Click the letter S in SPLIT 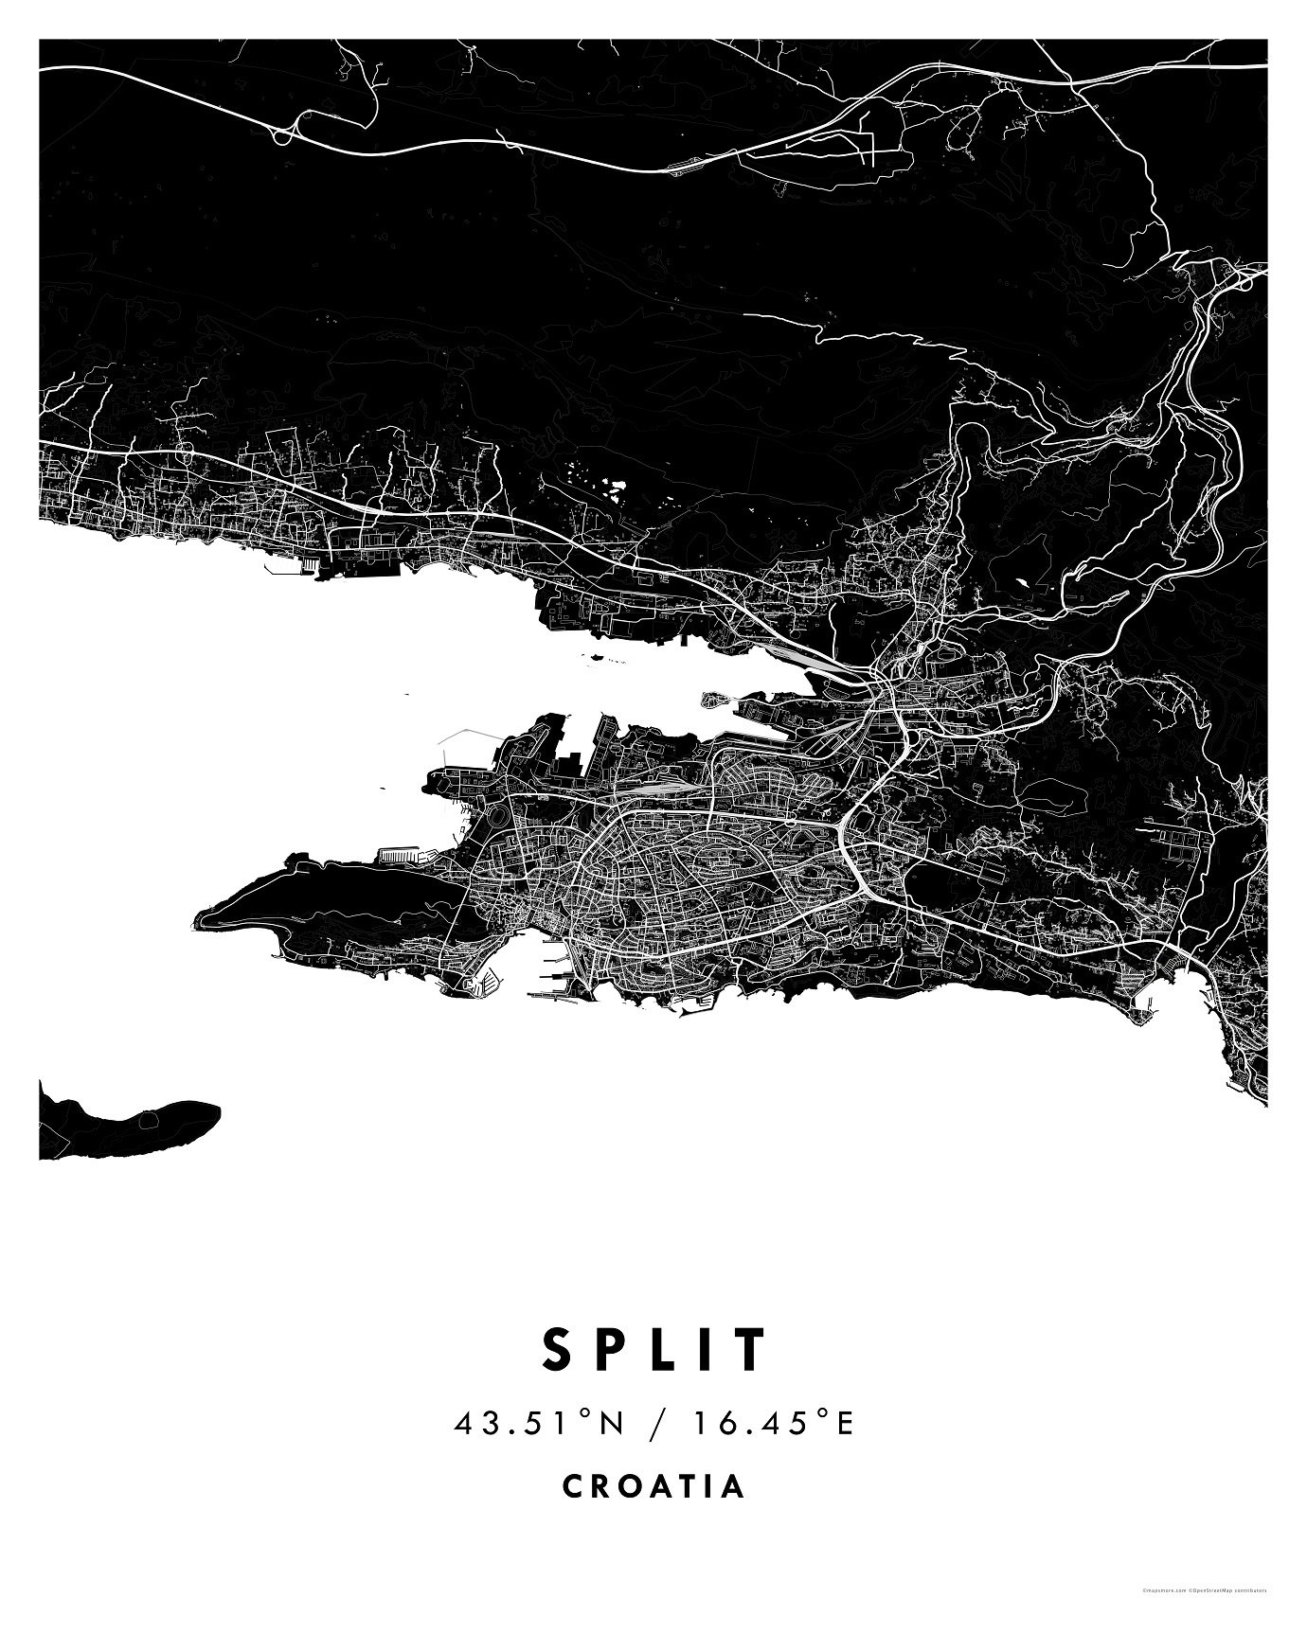click(x=557, y=1350)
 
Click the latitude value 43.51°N click(x=539, y=1423)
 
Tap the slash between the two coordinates click(x=654, y=1423)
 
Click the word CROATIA click(x=653, y=1486)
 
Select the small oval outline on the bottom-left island click(x=148, y=1120)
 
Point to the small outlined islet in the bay click(x=718, y=701)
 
